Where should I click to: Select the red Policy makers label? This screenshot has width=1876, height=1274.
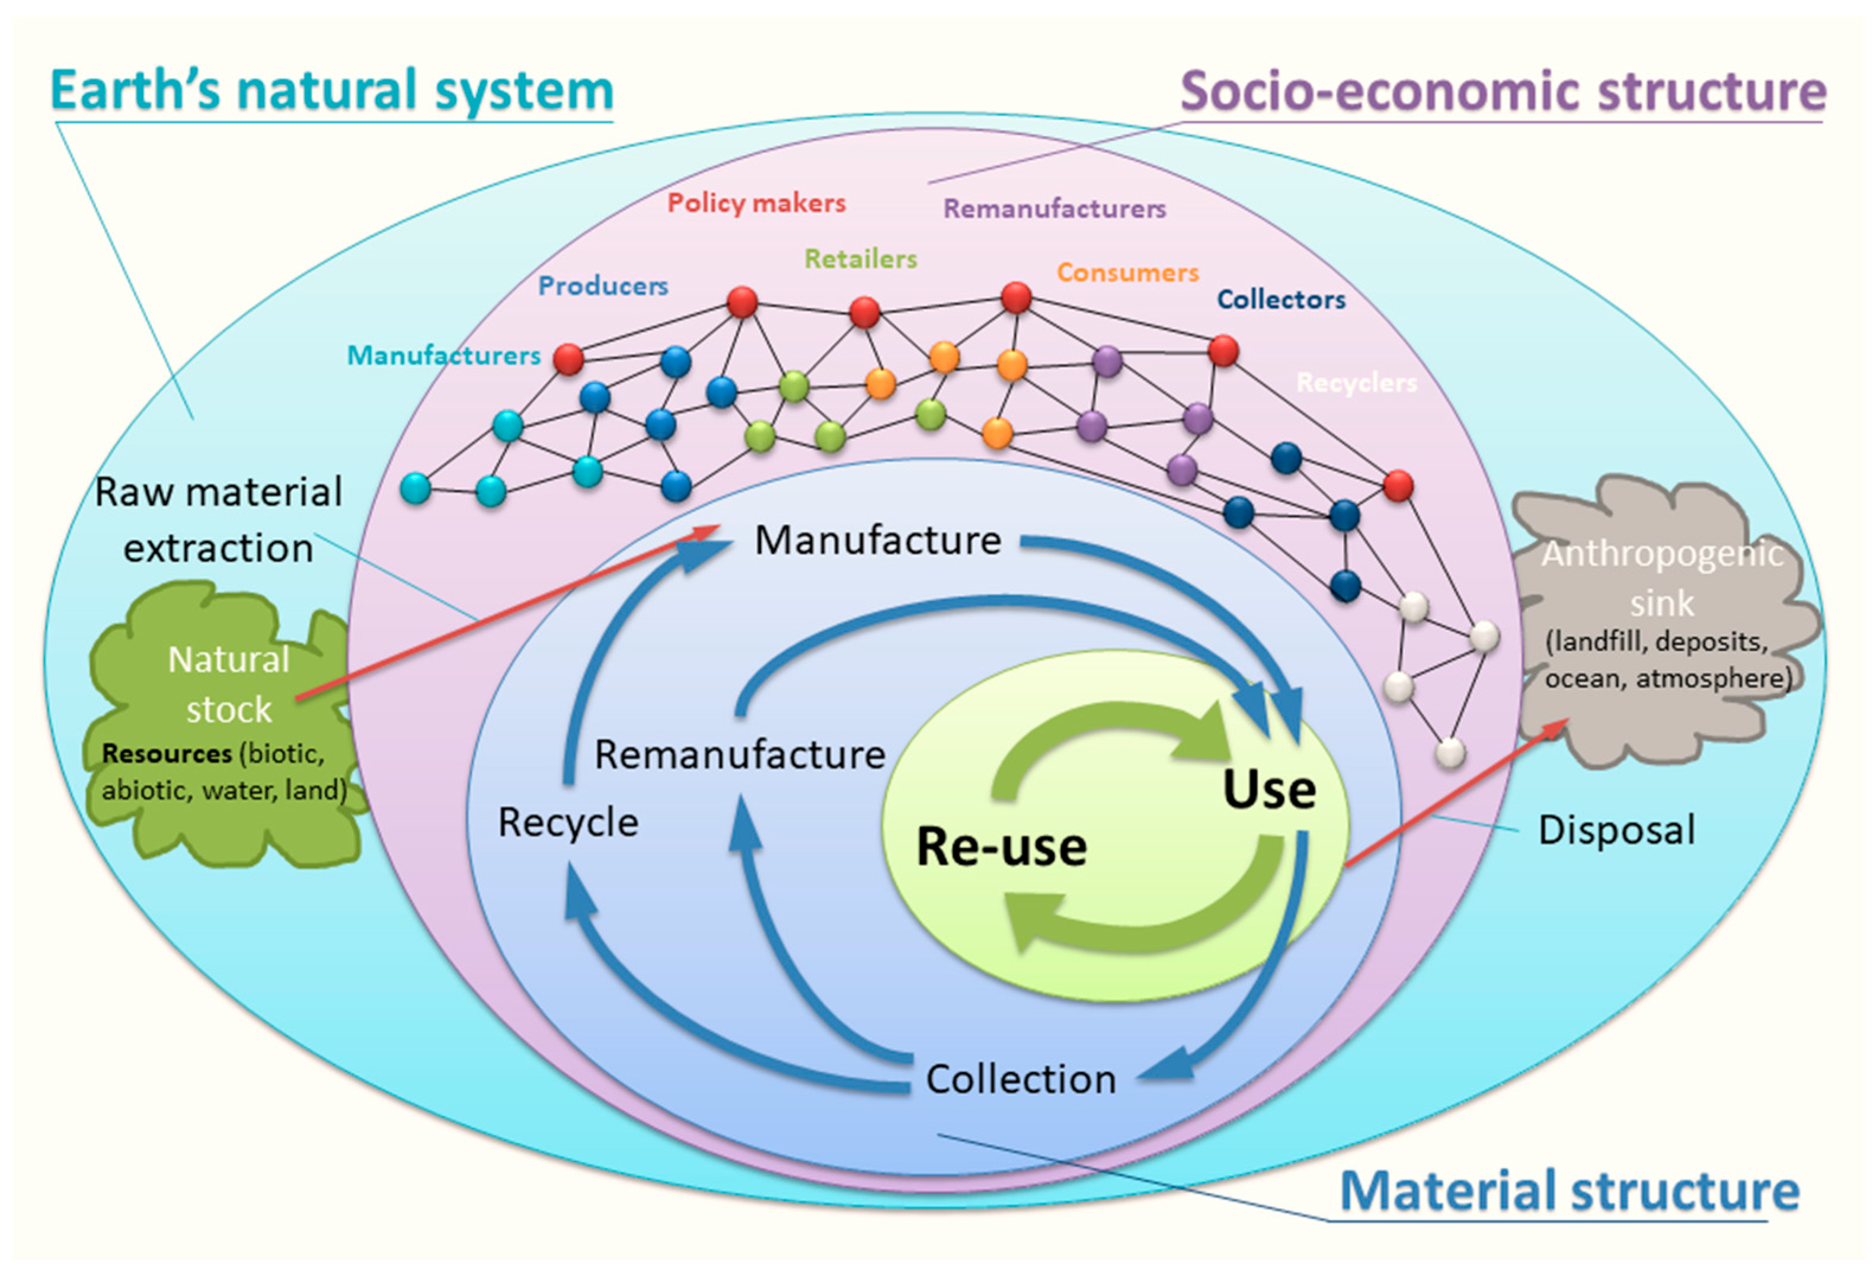coord(756,203)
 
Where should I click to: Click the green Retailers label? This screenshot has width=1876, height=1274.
coord(861,259)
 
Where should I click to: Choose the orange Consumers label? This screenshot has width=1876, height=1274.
coord(1128,272)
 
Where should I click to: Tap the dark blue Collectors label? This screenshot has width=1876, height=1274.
coord(1281,299)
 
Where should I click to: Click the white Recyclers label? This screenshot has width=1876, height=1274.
coord(1356,383)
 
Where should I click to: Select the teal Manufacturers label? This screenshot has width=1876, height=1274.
coord(443,355)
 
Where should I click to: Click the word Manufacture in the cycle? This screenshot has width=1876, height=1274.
coord(877,540)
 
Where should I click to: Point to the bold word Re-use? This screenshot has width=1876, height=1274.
coord(1001,846)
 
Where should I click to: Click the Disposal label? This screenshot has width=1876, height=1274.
coord(1616,829)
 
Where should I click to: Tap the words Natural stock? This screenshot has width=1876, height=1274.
coord(228,684)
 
